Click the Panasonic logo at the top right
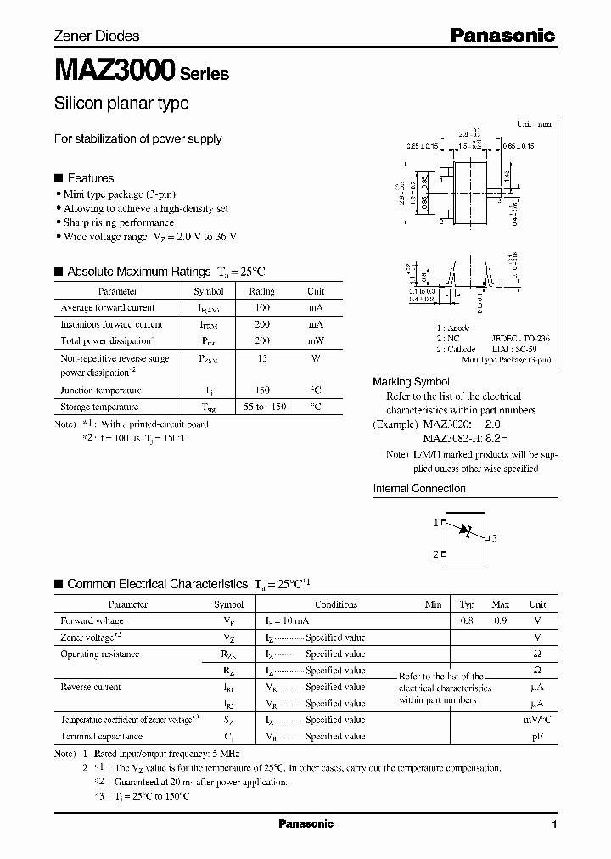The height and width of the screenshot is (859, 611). (502, 36)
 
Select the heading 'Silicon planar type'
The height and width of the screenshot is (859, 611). (121, 104)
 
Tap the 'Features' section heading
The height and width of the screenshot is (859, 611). (90, 178)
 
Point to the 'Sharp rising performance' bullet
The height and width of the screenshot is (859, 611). (119, 222)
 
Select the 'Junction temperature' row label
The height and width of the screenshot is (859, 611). (101, 390)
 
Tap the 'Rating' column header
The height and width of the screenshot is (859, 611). (261, 291)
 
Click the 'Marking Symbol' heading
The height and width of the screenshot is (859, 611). (412, 382)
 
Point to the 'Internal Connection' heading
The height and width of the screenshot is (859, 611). (419, 489)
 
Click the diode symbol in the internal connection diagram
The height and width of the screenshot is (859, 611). (465, 531)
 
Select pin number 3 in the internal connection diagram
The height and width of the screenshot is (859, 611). (494, 538)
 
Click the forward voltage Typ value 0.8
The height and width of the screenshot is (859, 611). (467, 621)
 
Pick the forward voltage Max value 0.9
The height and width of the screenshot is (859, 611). (500, 621)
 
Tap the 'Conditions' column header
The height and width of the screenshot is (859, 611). (336, 604)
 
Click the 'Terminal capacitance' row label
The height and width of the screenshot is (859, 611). (101, 737)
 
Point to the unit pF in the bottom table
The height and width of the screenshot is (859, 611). (536, 737)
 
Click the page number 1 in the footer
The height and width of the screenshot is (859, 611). (554, 825)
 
